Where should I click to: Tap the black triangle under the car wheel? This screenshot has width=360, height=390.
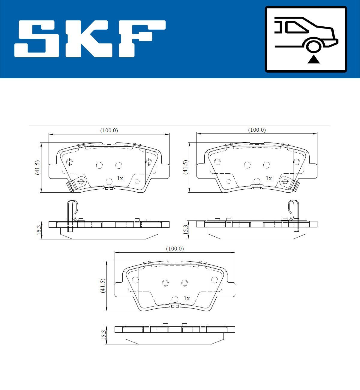(x=314, y=59)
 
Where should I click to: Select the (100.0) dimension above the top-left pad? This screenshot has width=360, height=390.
(x=109, y=130)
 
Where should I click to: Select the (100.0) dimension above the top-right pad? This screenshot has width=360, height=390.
(x=257, y=130)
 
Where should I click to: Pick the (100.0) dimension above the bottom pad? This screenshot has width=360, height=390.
(x=175, y=249)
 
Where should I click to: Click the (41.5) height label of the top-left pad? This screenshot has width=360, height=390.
(x=37, y=167)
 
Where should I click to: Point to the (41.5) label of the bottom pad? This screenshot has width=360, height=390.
(x=103, y=286)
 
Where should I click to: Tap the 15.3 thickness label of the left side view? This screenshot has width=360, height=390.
(x=39, y=230)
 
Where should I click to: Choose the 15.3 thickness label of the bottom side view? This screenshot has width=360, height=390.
(x=104, y=335)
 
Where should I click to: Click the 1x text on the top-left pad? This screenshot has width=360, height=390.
(x=120, y=178)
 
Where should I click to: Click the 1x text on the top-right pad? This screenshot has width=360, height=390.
(x=268, y=178)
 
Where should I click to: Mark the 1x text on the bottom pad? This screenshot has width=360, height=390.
(x=187, y=298)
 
